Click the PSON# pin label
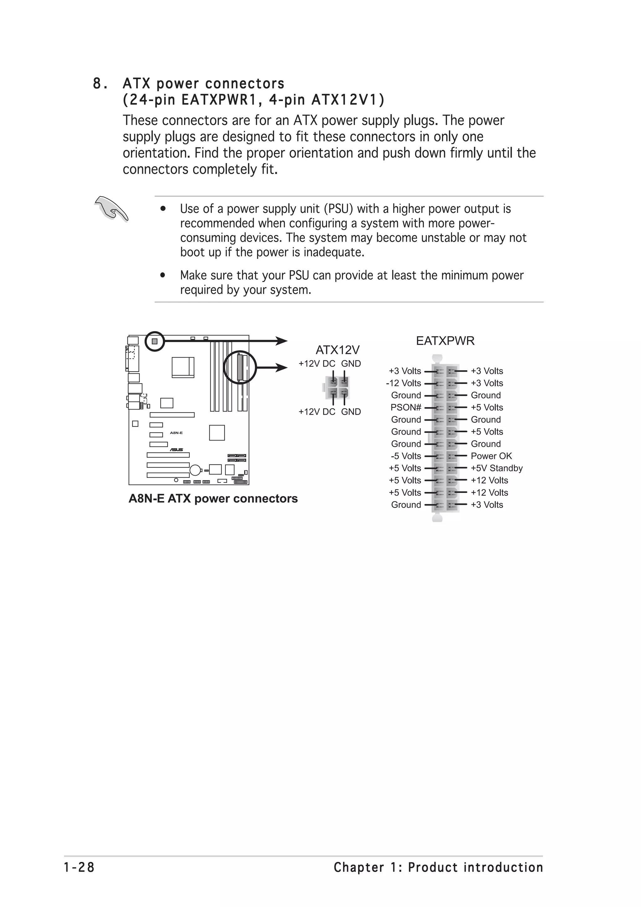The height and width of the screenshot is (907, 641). point(406,407)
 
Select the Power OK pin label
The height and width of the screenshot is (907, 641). point(491,456)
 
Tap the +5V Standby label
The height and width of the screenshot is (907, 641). point(496,468)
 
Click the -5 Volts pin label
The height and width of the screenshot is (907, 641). point(406,456)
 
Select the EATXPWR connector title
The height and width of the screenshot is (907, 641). point(445,341)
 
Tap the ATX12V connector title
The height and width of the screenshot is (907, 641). point(337,350)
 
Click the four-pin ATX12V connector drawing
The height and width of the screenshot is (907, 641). point(338,387)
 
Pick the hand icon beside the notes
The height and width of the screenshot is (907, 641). point(111,208)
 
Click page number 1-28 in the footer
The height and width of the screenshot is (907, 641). point(79,868)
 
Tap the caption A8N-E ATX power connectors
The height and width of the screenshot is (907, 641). point(213,499)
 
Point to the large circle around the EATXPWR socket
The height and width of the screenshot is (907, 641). point(240,367)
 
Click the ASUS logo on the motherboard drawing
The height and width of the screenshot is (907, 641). point(176,449)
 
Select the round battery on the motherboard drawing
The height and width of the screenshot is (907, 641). point(195,470)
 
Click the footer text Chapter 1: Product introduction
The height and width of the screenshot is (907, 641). point(438,868)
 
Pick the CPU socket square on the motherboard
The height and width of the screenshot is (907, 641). point(183,367)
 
